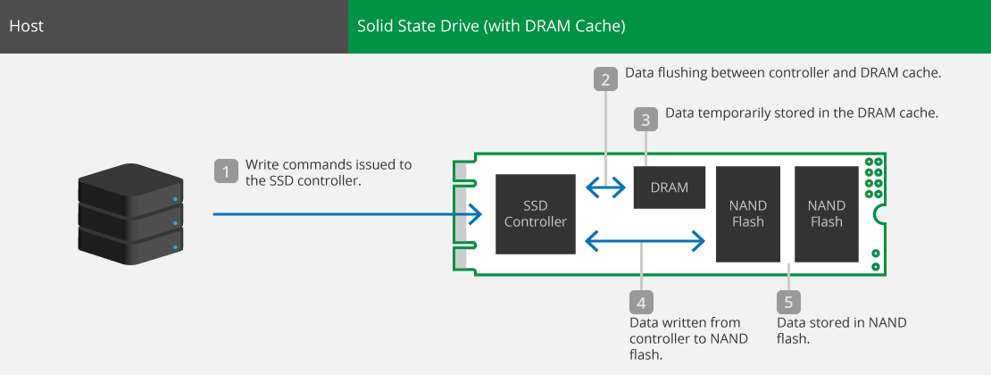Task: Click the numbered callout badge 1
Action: [226, 171]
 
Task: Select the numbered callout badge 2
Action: [605, 79]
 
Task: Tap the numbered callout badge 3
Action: [645, 120]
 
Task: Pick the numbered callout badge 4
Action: [642, 303]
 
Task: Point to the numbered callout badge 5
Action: [788, 303]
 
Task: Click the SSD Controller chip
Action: [536, 214]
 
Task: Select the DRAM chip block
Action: [670, 187]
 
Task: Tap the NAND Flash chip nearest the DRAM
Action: [747, 213]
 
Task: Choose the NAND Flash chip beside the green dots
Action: [827, 213]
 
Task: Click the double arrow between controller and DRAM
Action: [604, 187]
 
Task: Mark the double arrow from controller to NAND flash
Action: [645, 240]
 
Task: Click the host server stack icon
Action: [131, 212]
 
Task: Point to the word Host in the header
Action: [27, 27]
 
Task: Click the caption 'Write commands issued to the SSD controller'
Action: [329, 172]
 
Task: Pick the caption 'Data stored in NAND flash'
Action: [842, 330]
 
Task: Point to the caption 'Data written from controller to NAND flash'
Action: [689, 338]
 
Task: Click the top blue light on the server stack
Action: [174, 200]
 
